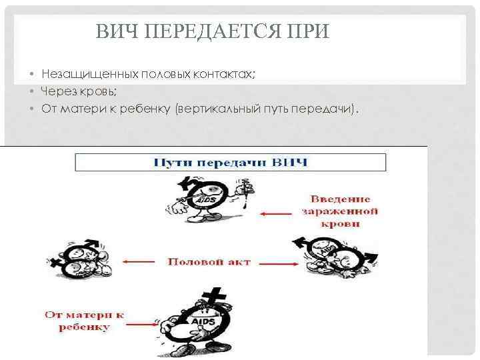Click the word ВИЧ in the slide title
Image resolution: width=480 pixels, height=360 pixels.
[x=113, y=31]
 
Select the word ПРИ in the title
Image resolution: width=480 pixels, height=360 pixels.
[x=307, y=31]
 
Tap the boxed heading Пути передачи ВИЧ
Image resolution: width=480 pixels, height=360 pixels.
[x=230, y=163]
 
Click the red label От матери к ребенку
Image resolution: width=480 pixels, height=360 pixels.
[x=85, y=320]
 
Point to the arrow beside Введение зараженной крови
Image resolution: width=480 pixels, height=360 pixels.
[x=276, y=213]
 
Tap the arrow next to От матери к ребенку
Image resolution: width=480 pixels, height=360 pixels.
[x=141, y=321]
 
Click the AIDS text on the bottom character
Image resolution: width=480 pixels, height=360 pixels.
[x=203, y=321]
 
